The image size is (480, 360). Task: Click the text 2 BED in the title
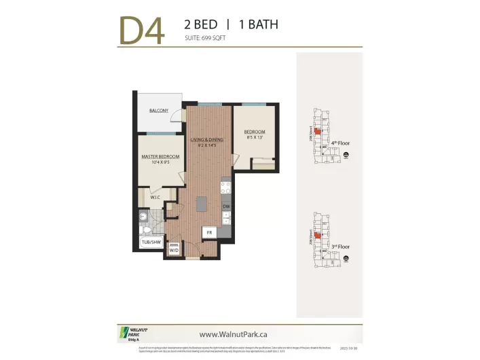tap(200, 24)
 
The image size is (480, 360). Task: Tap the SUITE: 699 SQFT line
tap(205, 38)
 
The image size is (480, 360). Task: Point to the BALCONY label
tap(159, 111)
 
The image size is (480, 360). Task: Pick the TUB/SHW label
tap(150, 242)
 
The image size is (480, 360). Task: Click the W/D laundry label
tap(174, 249)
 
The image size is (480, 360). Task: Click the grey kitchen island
tap(201, 205)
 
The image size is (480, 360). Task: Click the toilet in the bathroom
tap(143, 217)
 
